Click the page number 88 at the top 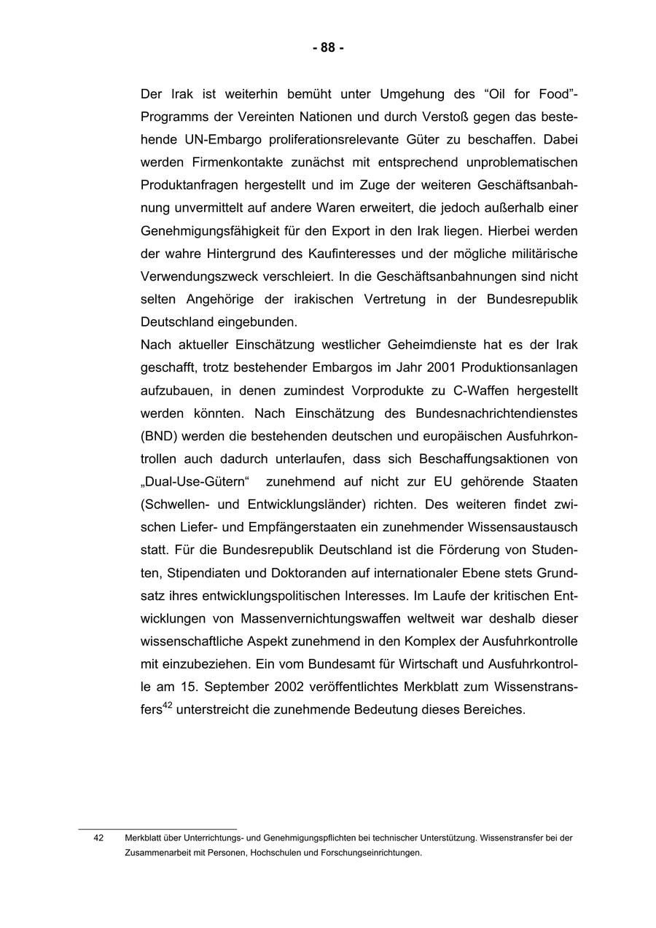328,48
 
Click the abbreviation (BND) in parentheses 160,436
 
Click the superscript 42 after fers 166,704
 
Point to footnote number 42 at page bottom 98,838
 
